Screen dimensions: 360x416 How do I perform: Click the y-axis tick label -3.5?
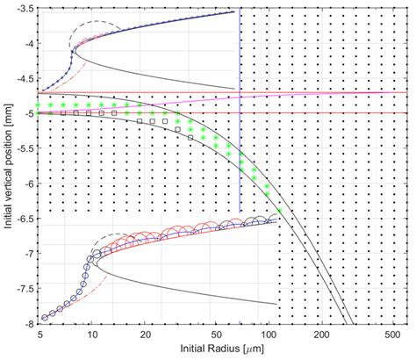pos(24,8)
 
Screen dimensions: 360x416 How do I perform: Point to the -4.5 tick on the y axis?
pos(24,78)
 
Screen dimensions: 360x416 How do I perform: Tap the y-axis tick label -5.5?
pos(24,148)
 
